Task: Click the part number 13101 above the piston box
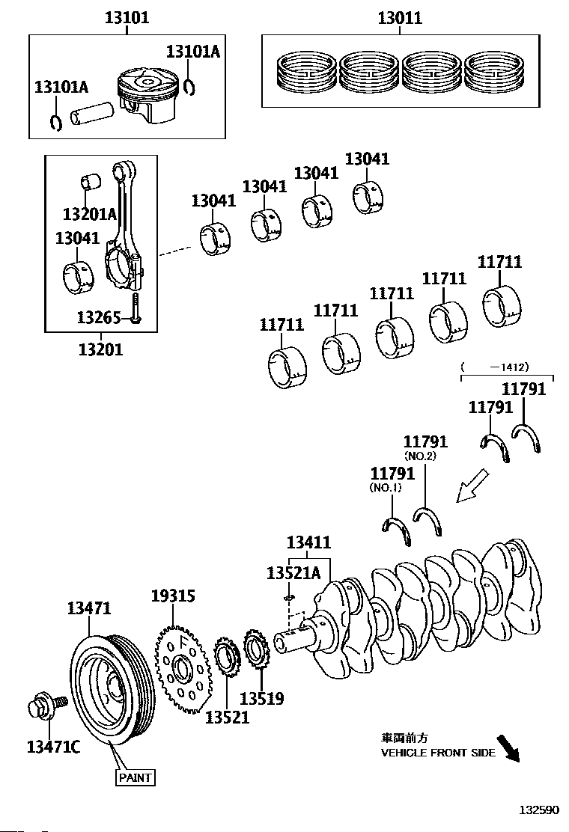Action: click(127, 17)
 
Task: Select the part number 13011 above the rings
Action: click(400, 18)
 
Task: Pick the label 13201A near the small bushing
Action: click(89, 214)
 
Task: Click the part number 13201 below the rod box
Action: click(101, 349)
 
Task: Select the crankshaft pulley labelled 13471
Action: click(113, 691)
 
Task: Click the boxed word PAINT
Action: click(136, 777)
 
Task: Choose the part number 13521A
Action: click(293, 573)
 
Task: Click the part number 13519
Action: click(262, 698)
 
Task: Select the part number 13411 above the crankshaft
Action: click(309, 542)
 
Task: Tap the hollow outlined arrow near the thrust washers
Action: click(472, 485)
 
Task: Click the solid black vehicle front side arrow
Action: click(508, 748)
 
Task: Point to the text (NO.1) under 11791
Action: click(386, 488)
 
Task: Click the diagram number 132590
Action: click(539, 810)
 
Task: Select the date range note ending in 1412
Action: click(495, 367)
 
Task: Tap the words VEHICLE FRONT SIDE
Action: click(439, 753)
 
